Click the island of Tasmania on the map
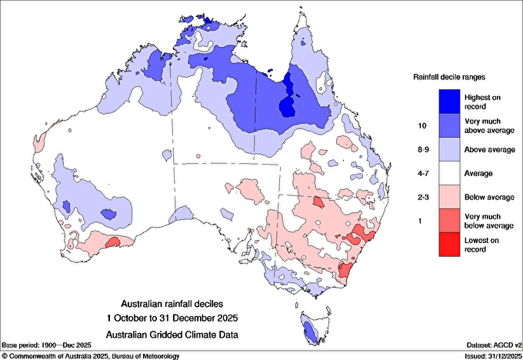[x=311, y=330]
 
